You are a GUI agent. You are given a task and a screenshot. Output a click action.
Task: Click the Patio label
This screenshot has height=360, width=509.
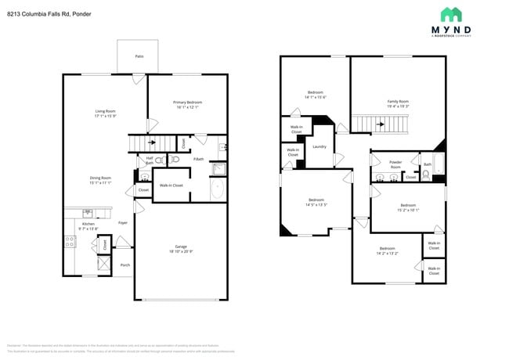(x=139, y=56)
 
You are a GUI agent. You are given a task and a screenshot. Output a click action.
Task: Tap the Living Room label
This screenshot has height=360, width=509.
(x=105, y=111)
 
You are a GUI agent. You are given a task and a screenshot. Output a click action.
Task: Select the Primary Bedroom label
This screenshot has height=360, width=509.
(x=187, y=103)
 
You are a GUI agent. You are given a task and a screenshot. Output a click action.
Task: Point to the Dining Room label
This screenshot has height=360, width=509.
(x=100, y=178)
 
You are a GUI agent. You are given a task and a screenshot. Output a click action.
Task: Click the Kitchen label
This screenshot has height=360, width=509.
(x=88, y=224)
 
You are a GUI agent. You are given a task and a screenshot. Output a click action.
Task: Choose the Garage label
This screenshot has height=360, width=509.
(x=180, y=247)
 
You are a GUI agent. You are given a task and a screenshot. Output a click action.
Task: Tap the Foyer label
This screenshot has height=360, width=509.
(x=123, y=223)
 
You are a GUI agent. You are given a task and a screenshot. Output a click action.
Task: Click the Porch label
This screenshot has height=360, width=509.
(x=125, y=265)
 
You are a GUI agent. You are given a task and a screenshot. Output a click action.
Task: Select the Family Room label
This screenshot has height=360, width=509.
(x=398, y=102)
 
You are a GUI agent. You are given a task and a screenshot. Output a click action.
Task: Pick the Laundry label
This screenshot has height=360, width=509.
(x=319, y=146)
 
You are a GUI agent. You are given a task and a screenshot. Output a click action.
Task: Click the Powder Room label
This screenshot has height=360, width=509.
(x=395, y=164)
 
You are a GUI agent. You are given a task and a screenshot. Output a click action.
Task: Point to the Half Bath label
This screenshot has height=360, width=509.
(x=150, y=160)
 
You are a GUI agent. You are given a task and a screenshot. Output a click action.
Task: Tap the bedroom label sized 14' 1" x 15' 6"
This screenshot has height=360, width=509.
(x=315, y=92)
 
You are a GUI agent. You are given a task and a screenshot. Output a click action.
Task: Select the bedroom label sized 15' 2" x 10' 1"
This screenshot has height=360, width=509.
(x=408, y=205)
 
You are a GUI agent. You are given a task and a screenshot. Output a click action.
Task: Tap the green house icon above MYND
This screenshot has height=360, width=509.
(x=450, y=14)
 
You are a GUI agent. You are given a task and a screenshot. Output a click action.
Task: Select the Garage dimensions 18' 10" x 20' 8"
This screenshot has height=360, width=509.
(x=180, y=251)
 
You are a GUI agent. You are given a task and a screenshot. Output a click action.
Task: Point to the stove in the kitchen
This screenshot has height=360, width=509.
(x=70, y=242)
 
